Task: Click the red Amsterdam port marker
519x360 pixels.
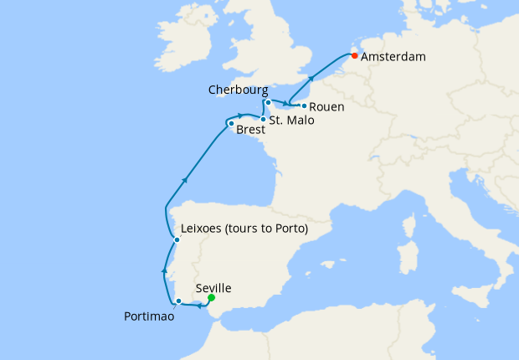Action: click(x=355, y=56)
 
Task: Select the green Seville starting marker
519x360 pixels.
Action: click(x=212, y=298)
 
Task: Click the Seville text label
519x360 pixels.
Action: click(x=213, y=288)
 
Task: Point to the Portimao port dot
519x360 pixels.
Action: click(x=178, y=301)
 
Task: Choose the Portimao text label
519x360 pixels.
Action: click(x=149, y=316)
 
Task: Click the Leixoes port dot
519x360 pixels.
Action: click(x=177, y=240)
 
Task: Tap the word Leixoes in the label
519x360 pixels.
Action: click(x=205, y=229)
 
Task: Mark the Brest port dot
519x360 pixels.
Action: click(x=231, y=125)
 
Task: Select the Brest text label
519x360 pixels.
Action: click(x=251, y=131)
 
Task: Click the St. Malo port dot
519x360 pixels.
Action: click(x=263, y=120)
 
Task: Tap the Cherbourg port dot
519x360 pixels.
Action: click(x=268, y=102)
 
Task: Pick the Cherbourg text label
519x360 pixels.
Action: click(x=239, y=89)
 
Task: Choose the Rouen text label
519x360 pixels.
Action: click(x=326, y=107)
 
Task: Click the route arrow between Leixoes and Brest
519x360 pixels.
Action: click(x=184, y=179)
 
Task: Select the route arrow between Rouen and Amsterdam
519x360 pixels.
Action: click(x=311, y=79)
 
